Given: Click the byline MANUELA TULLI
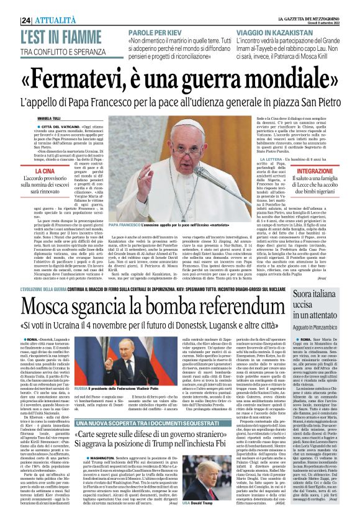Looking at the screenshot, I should point(50,116).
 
